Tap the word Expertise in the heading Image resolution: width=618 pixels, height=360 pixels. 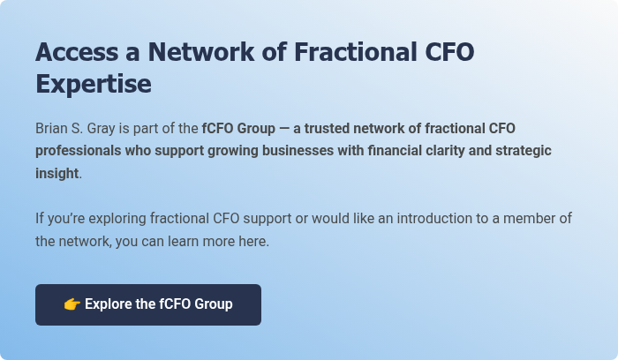pos(94,85)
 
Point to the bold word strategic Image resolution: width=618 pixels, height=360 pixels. pos(523,151)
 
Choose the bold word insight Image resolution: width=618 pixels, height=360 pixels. pos(57,174)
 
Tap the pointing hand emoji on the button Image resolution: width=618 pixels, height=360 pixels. pos(72,304)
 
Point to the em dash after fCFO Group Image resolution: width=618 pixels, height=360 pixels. pos(284,128)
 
